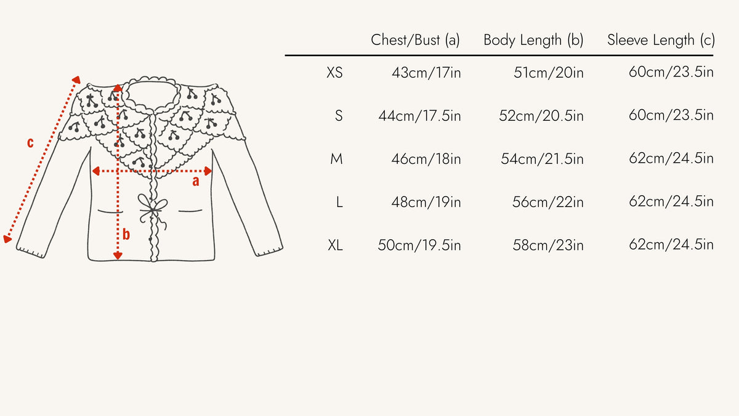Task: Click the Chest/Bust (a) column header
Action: pos(416,41)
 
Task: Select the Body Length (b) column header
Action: pos(533,41)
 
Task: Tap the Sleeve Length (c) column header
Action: pos(661,41)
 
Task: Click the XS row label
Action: pos(334,73)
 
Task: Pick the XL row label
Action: pos(335,245)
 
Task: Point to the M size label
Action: pos(336,159)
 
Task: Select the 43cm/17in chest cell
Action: pos(426,73)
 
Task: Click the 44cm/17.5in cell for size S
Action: pos(419,116)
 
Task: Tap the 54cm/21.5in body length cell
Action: pos(542,159)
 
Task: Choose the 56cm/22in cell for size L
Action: pos(548,202)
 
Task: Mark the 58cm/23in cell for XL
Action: pos(548,245)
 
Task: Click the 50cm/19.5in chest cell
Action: pos(419,245)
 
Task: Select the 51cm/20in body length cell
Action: pos(549,73)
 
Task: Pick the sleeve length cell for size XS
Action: pos(671,73)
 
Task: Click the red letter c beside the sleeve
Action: pos(30,144)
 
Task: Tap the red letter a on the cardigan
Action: pos(196,181)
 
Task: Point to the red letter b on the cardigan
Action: pos(126,234)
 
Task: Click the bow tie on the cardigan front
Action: pos(151,208)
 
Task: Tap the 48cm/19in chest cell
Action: pos(426,202)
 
